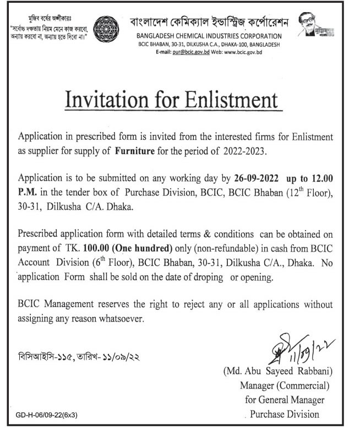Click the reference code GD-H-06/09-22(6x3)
point(47,417)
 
